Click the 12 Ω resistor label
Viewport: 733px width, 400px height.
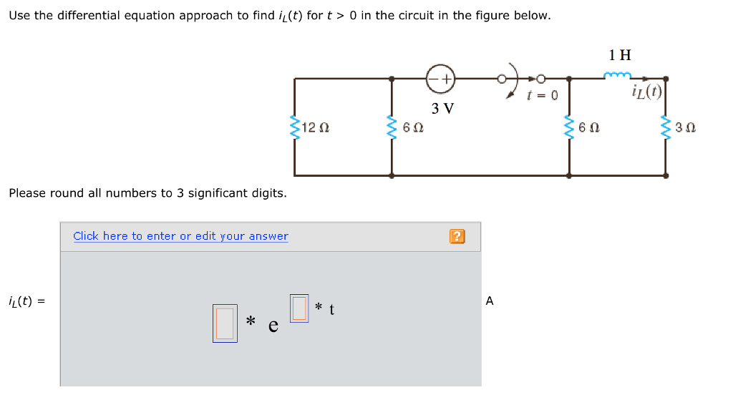[315, 128]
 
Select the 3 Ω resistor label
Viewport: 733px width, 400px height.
[686, 128]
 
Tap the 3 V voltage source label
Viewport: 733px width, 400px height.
[443, 109]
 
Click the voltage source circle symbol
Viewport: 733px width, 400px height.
[441, 79]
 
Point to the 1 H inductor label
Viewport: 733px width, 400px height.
[620, 54]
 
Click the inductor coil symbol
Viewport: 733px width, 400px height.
[618, 75]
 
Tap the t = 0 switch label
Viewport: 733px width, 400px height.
[541, 95]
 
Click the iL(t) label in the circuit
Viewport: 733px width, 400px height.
[646, 92]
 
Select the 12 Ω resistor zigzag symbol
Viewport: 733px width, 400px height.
[293, 128]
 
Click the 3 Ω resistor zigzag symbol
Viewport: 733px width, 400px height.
[666, 128]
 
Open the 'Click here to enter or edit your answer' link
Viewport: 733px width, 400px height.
[180, 236]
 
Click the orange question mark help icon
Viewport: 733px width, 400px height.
[457, 236]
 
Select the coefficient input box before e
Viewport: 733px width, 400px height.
[225, 323]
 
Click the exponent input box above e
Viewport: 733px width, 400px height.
[299, 308]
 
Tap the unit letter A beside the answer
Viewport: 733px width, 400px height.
[490, 301]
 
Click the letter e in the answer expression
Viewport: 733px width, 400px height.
[273, 326]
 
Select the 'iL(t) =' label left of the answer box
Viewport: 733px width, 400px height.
[26, 301]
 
